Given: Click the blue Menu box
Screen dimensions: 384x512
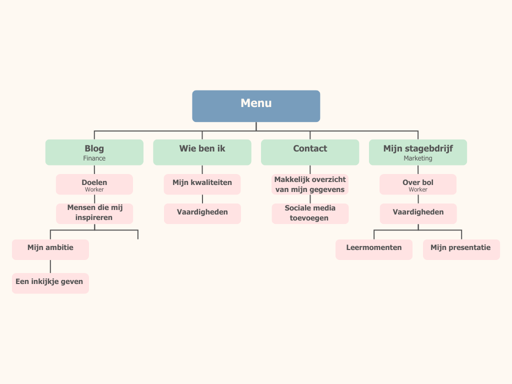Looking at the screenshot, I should pos(256,106).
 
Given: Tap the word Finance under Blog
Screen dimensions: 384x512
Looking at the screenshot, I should pos(94,158).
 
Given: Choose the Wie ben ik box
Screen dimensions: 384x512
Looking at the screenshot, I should pos(202,152).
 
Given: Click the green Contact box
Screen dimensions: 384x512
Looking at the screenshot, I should pos(310,152).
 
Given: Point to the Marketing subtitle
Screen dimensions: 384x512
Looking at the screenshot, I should pos(418,158).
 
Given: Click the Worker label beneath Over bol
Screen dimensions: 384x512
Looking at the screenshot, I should pos(418,190).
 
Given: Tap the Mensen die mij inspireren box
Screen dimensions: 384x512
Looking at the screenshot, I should pos(94,213).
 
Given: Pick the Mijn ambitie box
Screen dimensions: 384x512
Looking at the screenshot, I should pos(50,249).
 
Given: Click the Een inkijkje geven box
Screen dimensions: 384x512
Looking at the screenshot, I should pos(50,283).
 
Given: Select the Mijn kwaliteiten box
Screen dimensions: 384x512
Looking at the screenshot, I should pos(202,184).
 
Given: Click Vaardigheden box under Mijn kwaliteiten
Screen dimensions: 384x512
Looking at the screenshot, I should pos(202,213).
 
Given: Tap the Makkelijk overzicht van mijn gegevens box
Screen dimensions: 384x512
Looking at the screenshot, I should pos(310,184).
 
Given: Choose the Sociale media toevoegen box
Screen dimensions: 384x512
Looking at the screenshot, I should pos(310,213).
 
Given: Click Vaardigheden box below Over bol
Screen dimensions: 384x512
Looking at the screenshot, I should pos(418,213).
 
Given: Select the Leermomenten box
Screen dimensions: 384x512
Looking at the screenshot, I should pos(374,249).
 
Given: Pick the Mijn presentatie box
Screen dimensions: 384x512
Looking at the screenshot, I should pos(461,249).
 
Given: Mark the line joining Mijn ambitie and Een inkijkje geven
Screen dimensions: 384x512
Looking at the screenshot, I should pos(50,266).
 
